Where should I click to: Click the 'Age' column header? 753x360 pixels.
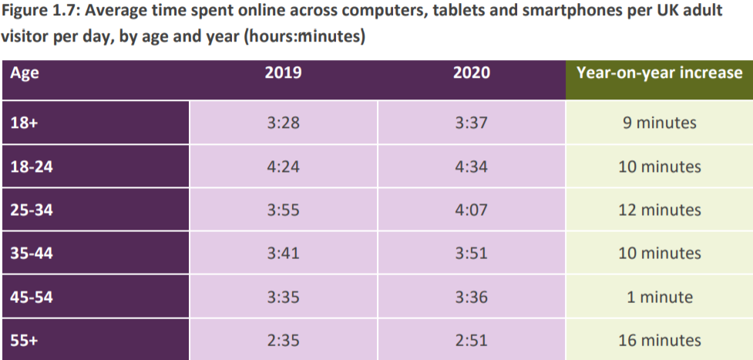(x=25, y=74)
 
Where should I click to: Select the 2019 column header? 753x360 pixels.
(x=283, y=74)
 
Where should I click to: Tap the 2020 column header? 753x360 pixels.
(x=471, y=74)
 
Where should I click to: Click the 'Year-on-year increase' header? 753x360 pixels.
(x=659, y=74)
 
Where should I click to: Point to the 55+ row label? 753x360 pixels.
(x=24, y=340)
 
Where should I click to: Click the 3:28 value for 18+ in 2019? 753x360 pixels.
(x=283, y=123)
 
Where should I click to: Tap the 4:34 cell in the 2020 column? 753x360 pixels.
(x=471, y=167)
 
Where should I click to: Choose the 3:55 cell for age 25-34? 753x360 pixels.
(x=283, y=210)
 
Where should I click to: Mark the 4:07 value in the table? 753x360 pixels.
(x=471, y=210)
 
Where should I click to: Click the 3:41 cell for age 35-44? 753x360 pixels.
(x=283, y=254)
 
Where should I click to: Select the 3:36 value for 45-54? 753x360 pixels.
(x=471, y=297)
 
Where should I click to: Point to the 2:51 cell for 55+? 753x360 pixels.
(x=471, y=340)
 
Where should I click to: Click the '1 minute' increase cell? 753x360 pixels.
(x=659, y=297)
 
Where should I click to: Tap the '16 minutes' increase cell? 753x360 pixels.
(x=659, y=340)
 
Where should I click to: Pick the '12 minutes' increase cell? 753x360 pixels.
(x=659, y=210)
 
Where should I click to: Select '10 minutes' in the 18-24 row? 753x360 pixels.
(x=659, y=167)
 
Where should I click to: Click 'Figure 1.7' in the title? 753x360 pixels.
(x=39, y=12)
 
